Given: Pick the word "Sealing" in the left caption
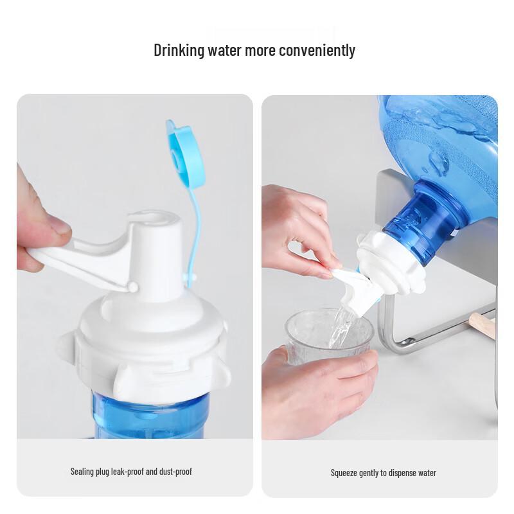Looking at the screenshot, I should (84, 472).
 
